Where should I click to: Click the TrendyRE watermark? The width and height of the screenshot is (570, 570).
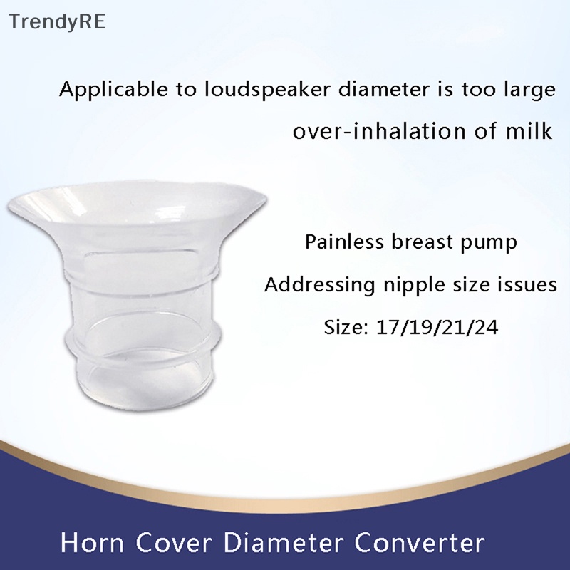[x=57, y=21]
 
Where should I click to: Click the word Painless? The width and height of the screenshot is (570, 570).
[x=344, y=242]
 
